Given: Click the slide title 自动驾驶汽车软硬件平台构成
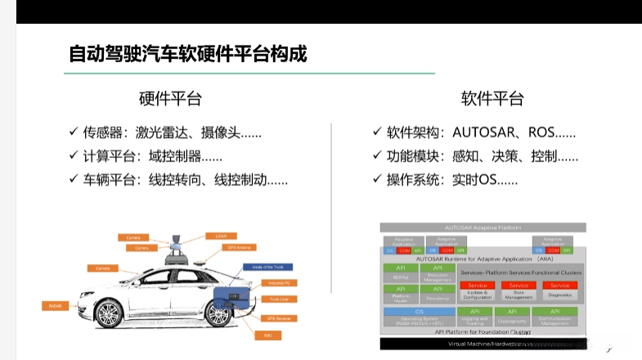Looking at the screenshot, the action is pyautogui.click(x=188, y=55).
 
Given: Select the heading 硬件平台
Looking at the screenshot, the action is pyautogui.click(x=170, y=99).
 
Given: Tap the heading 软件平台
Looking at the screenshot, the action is pyautogui.click(x=492, y=99).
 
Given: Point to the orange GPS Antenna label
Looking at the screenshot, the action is pyautogui.click(x=244, y=245).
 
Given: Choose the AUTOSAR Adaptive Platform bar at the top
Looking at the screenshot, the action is pyautogui.click(x=483, y=227).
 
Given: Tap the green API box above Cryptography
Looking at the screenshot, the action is pyautogui.click(x=512, y=312).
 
